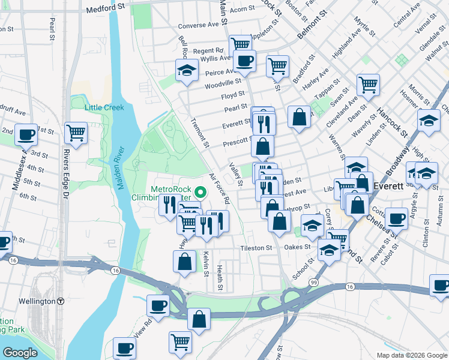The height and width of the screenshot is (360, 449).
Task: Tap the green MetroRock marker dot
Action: click(201, 193)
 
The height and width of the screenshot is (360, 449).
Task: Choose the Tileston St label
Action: click(256, 248)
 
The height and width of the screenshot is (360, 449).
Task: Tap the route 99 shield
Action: click(313, 281)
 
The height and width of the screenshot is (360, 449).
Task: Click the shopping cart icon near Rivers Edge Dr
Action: click(76, 131)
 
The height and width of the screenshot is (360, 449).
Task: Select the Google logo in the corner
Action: click(20, 352)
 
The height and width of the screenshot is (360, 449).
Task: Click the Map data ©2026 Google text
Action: click(411, 355)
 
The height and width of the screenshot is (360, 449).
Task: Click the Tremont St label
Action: click(199, 131)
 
